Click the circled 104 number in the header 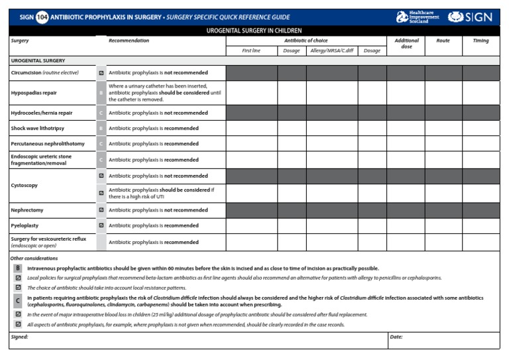point(42,17)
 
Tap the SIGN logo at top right point(470,17)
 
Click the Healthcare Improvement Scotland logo point(417,17)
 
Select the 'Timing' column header point(481,41)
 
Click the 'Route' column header point(443,41)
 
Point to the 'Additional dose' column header point(406,44)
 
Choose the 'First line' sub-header point(251,50)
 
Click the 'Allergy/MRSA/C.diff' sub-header point(331,50)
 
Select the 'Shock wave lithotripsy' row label point(38,128)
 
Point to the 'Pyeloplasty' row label point(25,225)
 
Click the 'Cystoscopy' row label point(24,186)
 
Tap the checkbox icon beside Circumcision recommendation point(101,72)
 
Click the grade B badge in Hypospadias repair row point(101,93)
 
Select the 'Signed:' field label point(19,337)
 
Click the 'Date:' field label point(396,337)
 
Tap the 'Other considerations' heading point(34,258)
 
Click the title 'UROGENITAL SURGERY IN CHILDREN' point(254,30)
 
